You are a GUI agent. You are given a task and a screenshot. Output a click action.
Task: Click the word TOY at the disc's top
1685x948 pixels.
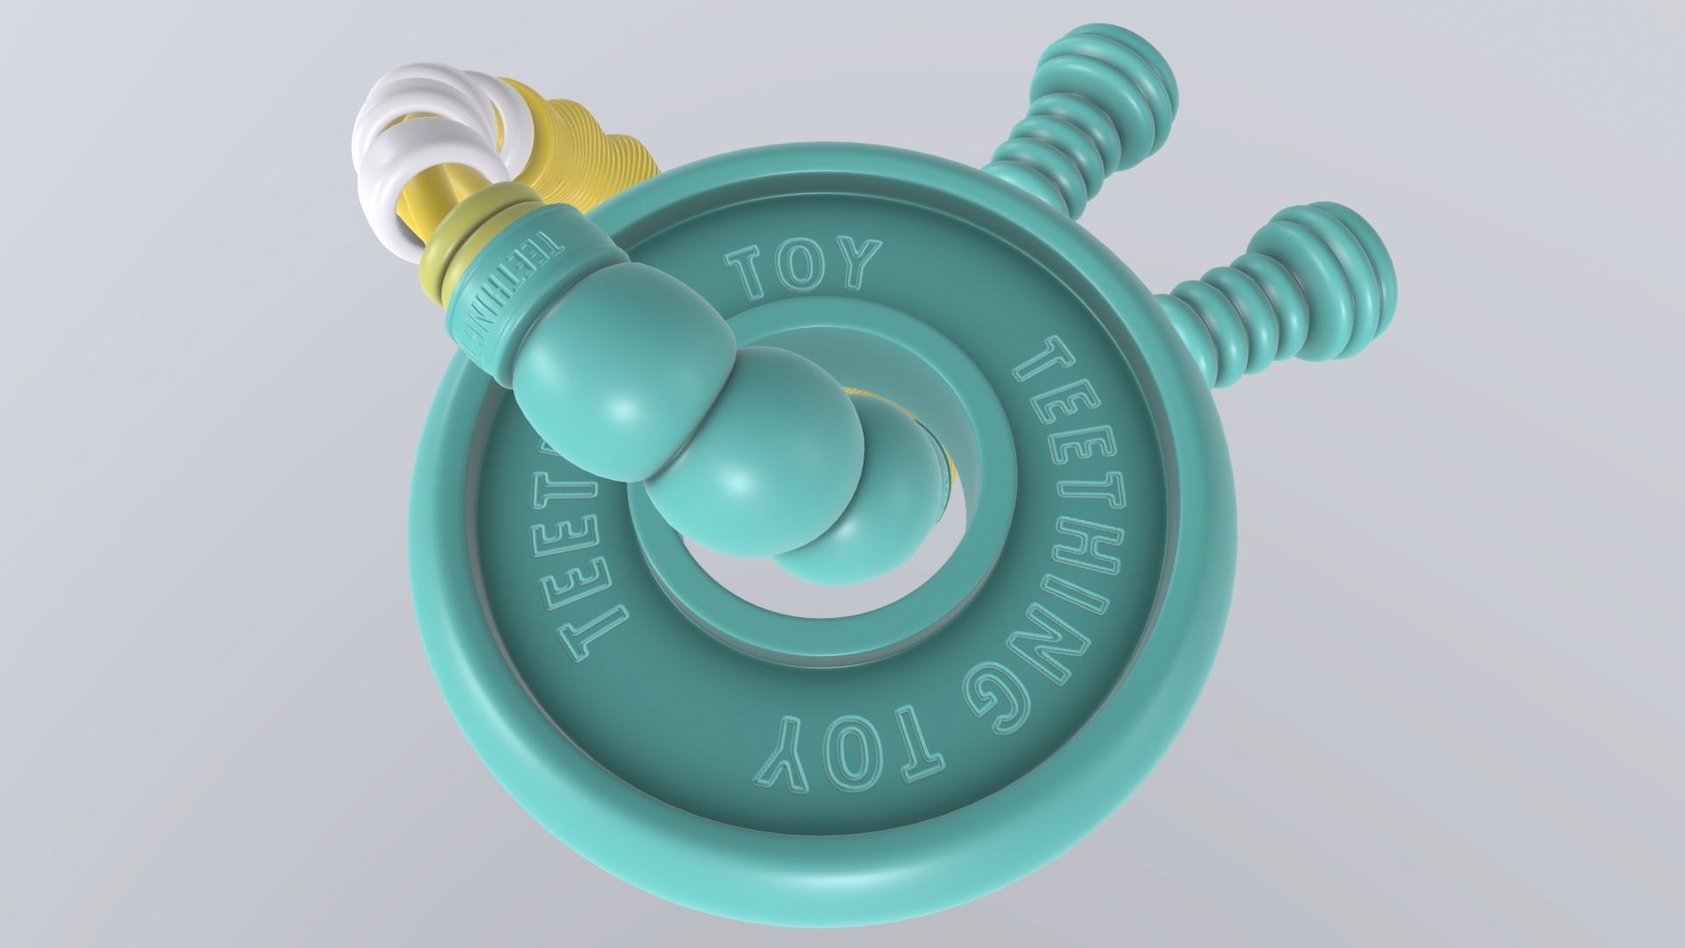pyautogui.click(x=803, y=267)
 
